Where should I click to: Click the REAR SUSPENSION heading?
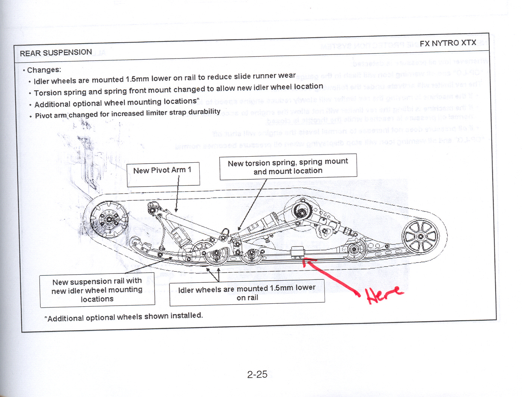click(x=56, y=53)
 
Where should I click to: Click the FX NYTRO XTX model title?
click(x=448, y=43)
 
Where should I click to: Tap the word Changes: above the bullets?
click(x=44, y=70)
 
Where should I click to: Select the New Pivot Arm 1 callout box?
click(x=163, y=174)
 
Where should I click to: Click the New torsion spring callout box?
click(x=288, y=167)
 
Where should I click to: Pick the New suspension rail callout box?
click(x=97, y=290)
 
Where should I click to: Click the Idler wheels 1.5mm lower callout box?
click(x=247, y=293)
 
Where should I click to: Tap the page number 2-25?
click(x=257, y=374)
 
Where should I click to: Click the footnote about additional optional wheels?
click(x=124, y=317)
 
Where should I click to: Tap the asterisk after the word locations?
click(x=198, y=100)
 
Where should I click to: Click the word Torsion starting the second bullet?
click(x=47, y=93)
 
